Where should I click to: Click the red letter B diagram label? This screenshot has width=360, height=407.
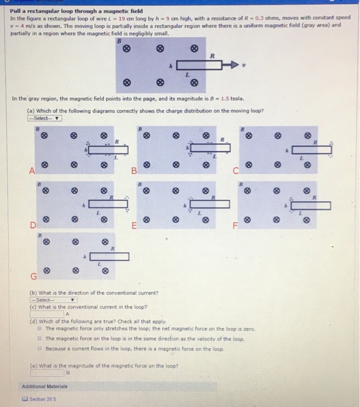[133, 170]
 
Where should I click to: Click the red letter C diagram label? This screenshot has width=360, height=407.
[236, 170]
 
